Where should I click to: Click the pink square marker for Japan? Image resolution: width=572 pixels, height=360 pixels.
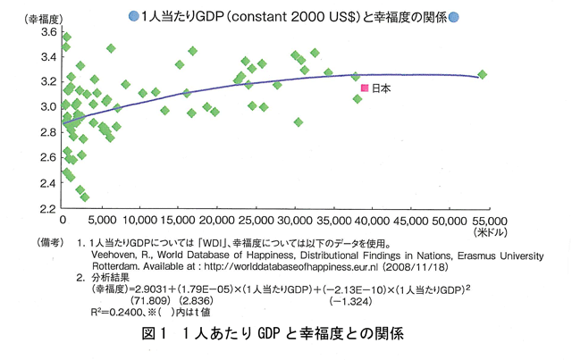pos(364,88)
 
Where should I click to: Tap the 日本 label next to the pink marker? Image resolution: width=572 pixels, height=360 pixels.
pos(381,88)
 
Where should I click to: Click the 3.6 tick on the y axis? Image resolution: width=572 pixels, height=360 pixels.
pos(46,32)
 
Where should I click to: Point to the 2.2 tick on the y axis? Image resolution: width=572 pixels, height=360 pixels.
pos(46,208)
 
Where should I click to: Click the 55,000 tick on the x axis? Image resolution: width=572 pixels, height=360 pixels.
pos(489,220)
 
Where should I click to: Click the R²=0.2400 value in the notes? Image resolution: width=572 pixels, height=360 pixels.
pos(116,312)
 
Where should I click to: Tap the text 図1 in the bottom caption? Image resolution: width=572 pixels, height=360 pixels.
pos(155,337)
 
